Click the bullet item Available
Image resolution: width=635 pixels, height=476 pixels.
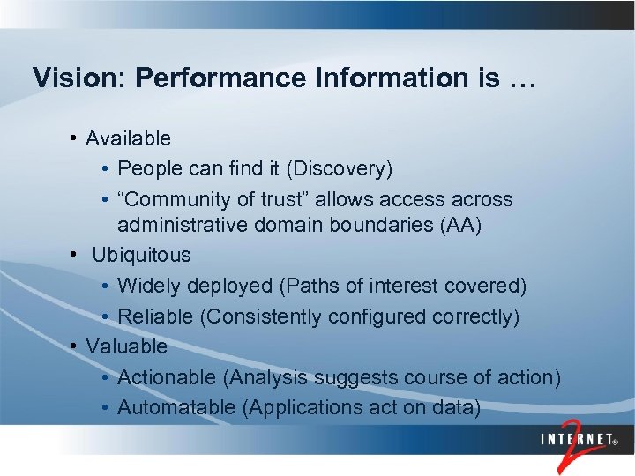[129, 138]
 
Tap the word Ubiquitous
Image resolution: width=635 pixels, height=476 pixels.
[141, 255]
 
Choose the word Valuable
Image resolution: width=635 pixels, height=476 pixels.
[126, 346]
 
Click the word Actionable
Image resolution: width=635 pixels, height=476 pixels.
[168, 377]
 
